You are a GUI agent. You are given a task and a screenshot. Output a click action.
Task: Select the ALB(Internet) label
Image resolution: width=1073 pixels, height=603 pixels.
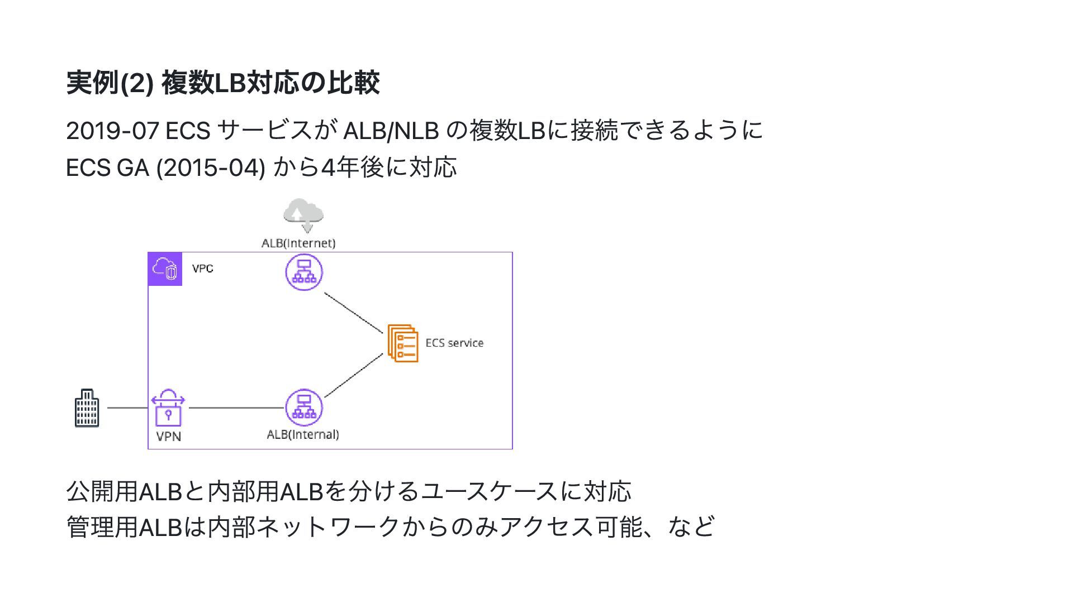click(298, 243)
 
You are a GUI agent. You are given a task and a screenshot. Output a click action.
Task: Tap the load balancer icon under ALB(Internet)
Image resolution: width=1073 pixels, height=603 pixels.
click(304, 272)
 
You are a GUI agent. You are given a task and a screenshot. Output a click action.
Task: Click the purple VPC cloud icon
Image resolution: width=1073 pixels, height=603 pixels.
click(165, 269)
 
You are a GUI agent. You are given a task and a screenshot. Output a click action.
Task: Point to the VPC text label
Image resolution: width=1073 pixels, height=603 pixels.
click(202, 269)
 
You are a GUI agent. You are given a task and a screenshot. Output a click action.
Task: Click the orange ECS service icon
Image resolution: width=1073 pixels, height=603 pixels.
click(402, 343)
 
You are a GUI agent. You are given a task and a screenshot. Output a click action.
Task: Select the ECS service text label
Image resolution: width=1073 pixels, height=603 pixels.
click(454, 343)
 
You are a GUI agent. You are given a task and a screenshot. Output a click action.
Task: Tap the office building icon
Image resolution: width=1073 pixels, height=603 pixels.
click(87, 408)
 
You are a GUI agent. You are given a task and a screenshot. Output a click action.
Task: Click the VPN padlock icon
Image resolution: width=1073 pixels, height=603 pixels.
click(168, 408)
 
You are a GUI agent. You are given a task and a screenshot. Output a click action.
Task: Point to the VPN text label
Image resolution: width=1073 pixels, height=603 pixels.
click(168, 436)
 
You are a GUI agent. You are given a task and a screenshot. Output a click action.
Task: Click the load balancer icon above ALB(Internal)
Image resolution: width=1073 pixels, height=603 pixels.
click(304, 408)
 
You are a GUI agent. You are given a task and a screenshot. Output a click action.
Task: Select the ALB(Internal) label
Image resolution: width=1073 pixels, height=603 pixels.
click(302, 434)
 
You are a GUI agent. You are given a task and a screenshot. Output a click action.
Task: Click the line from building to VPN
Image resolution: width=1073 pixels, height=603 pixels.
click(127, 408)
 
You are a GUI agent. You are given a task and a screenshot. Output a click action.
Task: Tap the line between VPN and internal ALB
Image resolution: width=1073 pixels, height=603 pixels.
click(236, 408)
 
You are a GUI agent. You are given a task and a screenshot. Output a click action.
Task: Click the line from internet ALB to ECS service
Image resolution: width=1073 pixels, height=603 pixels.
click(353, 313)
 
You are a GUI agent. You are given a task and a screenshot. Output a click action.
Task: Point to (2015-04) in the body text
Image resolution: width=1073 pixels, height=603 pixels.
click(211, 167)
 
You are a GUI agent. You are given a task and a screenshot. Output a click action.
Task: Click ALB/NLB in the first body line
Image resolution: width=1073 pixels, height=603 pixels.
click(390, 131)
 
